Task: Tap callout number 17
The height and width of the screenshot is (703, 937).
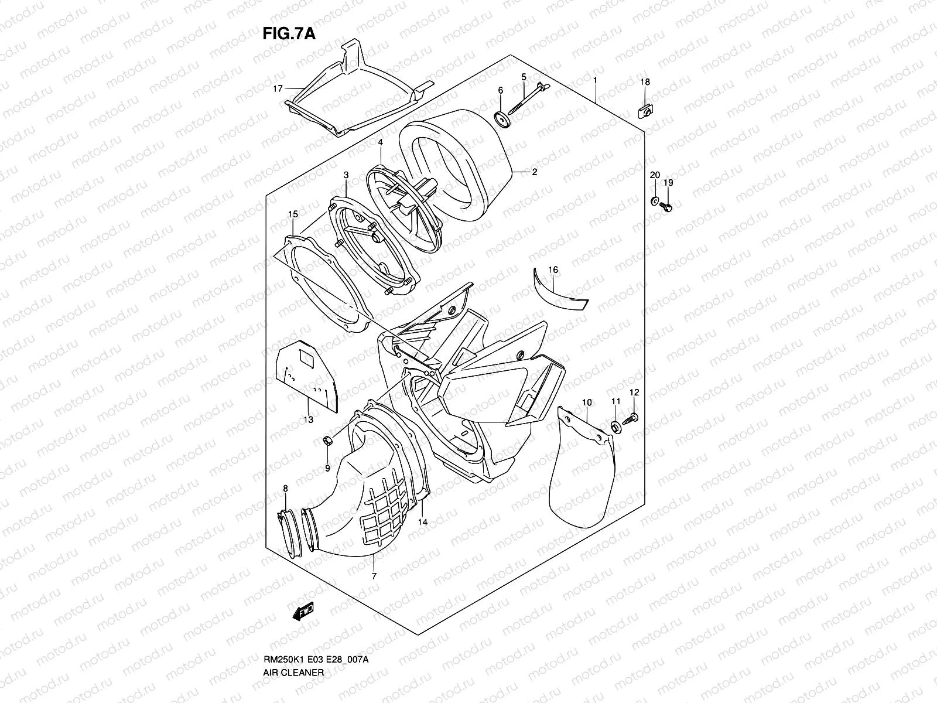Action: pos(278,88)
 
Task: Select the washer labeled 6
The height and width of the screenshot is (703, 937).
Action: pos(502,119)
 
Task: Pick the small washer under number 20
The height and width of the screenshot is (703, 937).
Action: pos(654,202)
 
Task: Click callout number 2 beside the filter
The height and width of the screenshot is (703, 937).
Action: pos(534,172)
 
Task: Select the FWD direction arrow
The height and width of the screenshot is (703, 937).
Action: pos(303,612)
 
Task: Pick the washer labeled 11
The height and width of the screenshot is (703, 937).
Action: pos(616,427)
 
